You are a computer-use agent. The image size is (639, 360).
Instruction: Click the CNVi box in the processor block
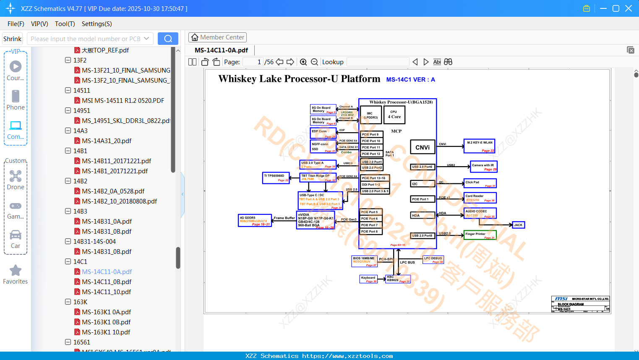click(x=423, y=147)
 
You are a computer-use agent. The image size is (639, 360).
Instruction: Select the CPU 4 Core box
click(x=394, y=115)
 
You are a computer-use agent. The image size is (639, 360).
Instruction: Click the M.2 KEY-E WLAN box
click(x=479, y=146)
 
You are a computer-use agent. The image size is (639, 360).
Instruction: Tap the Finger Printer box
click(x=480, y=235)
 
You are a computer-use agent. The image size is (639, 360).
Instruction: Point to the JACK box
click(x=519, y=225)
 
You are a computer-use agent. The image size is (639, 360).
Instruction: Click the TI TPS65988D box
click(x=276, y=178)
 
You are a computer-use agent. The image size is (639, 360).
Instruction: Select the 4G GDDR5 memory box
click(x=255, y=220)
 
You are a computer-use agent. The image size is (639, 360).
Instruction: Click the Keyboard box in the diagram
click(x=369, y=279)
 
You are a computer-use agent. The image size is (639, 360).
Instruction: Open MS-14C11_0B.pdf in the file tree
click(x=107, y=282)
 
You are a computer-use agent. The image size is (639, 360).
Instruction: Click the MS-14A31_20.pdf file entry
click(x=107, y=141)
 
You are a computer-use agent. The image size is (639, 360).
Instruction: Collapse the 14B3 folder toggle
click(x=68, y=211)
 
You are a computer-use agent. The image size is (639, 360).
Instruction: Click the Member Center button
click(x=217, y=37)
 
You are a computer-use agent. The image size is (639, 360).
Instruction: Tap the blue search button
click(x=168, y=39)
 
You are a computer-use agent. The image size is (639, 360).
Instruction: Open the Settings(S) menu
click(x=97, y=24)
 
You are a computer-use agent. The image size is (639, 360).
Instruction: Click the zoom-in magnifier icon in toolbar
click(x=303, y=62)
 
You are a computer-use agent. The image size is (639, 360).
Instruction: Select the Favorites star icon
click(x=16, y=271)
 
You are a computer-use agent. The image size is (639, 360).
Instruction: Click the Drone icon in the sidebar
click(x=16, y=176)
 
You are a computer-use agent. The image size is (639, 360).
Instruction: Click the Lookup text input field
click(x=378, y=62)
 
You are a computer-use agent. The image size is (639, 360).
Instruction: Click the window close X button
click(x=629, y=8)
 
